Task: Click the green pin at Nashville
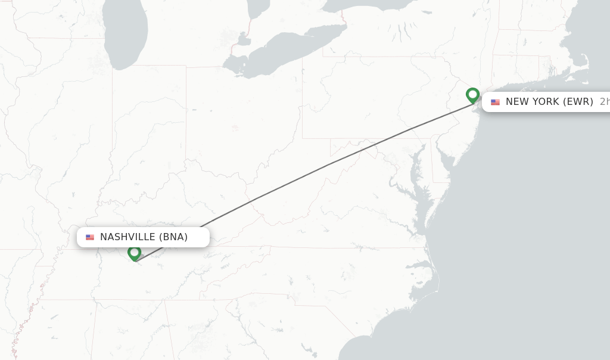pos(134,253)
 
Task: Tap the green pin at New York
pos(472,95)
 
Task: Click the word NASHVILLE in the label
pos(128,237)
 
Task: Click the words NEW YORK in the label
pos(533,102)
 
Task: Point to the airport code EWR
pos(578,102)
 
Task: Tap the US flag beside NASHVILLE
pos(90,237)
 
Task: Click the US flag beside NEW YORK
pos(495,102)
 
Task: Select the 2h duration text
pos(604,102)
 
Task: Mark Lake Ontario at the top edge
pos(369,5)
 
